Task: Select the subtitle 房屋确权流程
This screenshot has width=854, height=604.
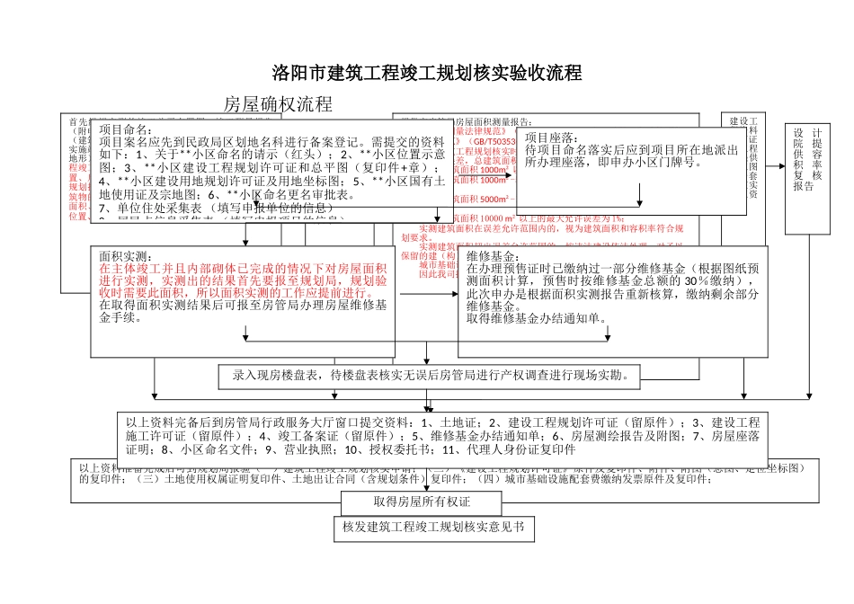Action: [278, 104]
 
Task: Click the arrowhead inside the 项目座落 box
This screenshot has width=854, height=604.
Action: [639, 202]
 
